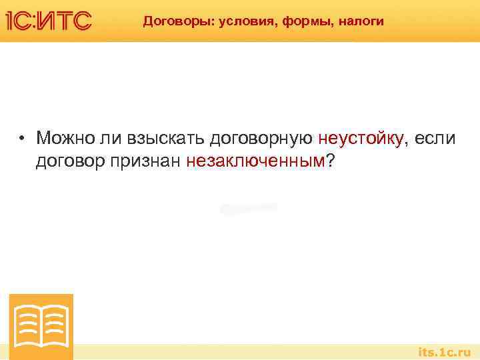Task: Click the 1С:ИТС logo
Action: pyautogui.click(x=49, y=21)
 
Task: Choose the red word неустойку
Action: pyautogui.click(x=360, y=139)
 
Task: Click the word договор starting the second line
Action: pyautogui.click(x=69, y=161)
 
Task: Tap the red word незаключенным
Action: pyautogui.click(x=256, y=161)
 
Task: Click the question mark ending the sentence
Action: pyautogui.click(x=331, y=160)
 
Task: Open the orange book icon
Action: pyautogui.click(x=41, y=326)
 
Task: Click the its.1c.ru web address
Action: pyautogui.click(x=444, y=351)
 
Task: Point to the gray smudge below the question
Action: pyautogui.click(x=248, y=209)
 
